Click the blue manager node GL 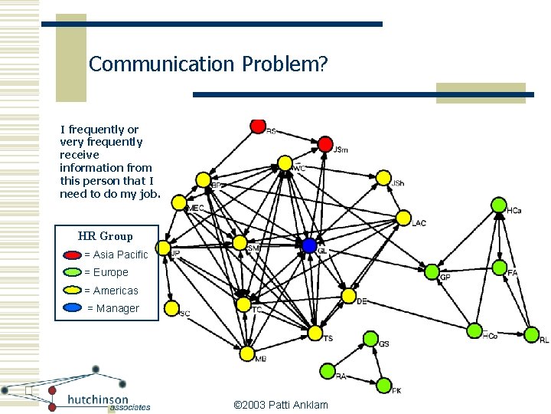(x=309, y=245)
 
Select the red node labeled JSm (x=325, y=144)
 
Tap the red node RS (x=258, y=125)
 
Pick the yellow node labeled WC (x=285, y=163)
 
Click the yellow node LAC (x=403, y=218)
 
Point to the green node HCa (x=498, y=205)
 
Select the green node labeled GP (x=432, y=271)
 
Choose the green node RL (x=531, y=334)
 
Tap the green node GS (x=370, y=338)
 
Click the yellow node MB (x=246, y=353)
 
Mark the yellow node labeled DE (x=348, y=296)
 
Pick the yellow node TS (x=315, y=333)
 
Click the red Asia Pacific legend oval (x=73, y=255)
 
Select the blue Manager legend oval (x=74, y=308)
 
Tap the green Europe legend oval (x=73, y=272)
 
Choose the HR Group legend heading (x=105, y=236)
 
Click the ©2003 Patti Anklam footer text (x=280, y=404)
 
